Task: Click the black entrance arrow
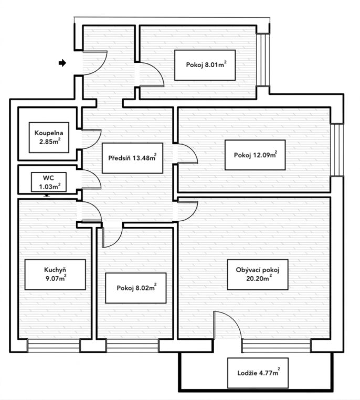(x=62, y=63)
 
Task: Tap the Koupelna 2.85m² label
(x=49, y=137)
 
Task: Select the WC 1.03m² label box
(x=49, y=182)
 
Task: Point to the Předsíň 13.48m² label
(x=132, y=158)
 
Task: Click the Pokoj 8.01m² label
(x=205, y=65)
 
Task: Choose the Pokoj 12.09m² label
(x=255, y=155)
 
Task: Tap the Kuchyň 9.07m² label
(x=55, y=275)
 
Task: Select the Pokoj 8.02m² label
(x=136, y=288)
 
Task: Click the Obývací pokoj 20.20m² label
(x=258, y=275)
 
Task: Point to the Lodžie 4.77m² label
(x=258, y=373)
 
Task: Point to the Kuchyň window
(x=54, y=345)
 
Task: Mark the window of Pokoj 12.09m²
(x=337, y=150)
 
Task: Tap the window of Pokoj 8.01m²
(x=263, y=60)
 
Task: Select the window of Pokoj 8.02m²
(x=132, y=345)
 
